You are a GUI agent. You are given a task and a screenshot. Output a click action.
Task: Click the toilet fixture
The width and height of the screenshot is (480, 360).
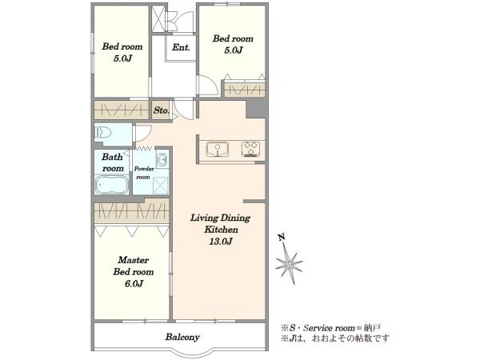pyautogui.click(x=103, y=133)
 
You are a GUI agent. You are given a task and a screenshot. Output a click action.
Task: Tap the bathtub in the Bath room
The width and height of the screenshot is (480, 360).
pyautogui.click(x=112, y=184)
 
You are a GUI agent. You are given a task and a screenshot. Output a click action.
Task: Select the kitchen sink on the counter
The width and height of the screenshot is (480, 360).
pyautogui.click(x=218, y=149)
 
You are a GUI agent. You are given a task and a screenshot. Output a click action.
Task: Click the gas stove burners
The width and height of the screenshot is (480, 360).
pyautogui.click(x=251, y=149)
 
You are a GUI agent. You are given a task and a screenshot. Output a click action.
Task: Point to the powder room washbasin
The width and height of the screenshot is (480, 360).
pyautogui.click(x=162, y=159)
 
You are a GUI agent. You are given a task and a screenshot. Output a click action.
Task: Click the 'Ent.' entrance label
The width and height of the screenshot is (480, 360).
pyautogui.click(x=181, y=47)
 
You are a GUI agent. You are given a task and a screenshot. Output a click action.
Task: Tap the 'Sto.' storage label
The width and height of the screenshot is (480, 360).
pyautogui.click(x=162, y=110)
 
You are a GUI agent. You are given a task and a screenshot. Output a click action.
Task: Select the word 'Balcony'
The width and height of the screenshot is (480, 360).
pyautogui.click(x=182, y=337)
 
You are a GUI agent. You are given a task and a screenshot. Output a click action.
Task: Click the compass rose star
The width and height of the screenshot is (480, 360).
pyautogui.click(x=289, y=263)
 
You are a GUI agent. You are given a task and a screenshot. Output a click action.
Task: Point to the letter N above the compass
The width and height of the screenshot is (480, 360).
pyautogui.click(x=282, y=237)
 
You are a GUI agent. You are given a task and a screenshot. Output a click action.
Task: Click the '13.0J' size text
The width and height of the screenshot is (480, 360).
pyautogui.click(x=221, y=242)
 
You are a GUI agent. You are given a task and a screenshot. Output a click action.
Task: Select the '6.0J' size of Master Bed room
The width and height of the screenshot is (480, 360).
pyautogui.click(x=134, y=284)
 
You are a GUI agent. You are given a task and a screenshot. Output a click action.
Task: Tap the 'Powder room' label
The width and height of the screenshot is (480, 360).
pyautogui.click(x=144, y=173)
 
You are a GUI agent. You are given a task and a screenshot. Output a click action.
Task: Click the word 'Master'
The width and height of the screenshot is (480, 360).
pyautogui.click(x=134, y=260)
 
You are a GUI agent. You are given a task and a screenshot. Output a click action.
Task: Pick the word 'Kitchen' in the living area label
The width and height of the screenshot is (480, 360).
pyautogui.click(x=221, y=230)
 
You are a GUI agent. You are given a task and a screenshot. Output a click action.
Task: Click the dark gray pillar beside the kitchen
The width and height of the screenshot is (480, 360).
pyautogui.click(x=256, y=108)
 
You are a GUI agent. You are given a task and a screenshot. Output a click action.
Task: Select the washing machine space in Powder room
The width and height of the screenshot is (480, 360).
pyautogui.click(x=161, y=186)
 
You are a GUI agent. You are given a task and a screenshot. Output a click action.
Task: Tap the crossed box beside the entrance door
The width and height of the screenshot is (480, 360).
pyautogui.click(x=158, y=18)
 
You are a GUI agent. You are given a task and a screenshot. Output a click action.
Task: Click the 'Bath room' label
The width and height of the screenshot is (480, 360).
pyautogui.click(x=113, y=162)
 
